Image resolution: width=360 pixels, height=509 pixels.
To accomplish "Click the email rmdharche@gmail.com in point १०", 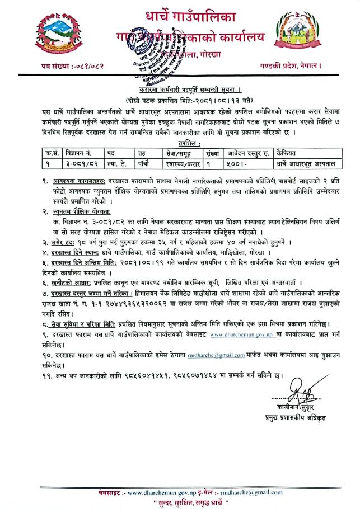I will [x=224, y=355].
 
